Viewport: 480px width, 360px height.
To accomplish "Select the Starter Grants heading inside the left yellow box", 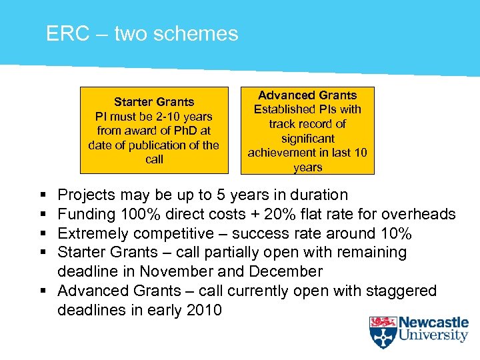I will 154,102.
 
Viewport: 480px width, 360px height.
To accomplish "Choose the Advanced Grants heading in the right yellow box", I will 307,95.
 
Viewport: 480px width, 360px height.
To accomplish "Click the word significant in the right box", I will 307,138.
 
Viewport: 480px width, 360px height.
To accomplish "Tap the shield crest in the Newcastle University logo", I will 383,332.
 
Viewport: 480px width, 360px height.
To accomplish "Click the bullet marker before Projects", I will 43,195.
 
